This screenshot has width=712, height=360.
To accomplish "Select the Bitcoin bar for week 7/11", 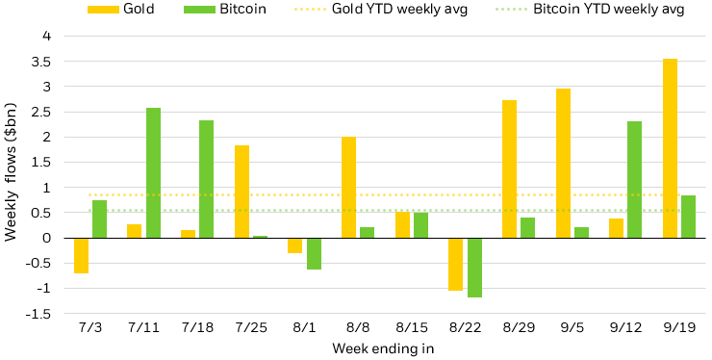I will click(153, 173).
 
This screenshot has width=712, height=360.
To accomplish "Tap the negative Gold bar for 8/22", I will click(455, 264).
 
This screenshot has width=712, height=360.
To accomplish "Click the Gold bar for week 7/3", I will click(81, 255).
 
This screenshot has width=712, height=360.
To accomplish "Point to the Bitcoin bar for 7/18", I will click(206, 179).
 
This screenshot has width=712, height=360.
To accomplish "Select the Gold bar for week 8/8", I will click(348, 187).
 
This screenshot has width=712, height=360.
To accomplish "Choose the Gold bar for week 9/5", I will click(563, 163).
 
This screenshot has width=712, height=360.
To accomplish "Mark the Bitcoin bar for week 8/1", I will click(314, 253).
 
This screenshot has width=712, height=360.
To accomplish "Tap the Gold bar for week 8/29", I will click(509, 168).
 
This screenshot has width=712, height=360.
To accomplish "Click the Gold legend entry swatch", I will click(100, 10).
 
